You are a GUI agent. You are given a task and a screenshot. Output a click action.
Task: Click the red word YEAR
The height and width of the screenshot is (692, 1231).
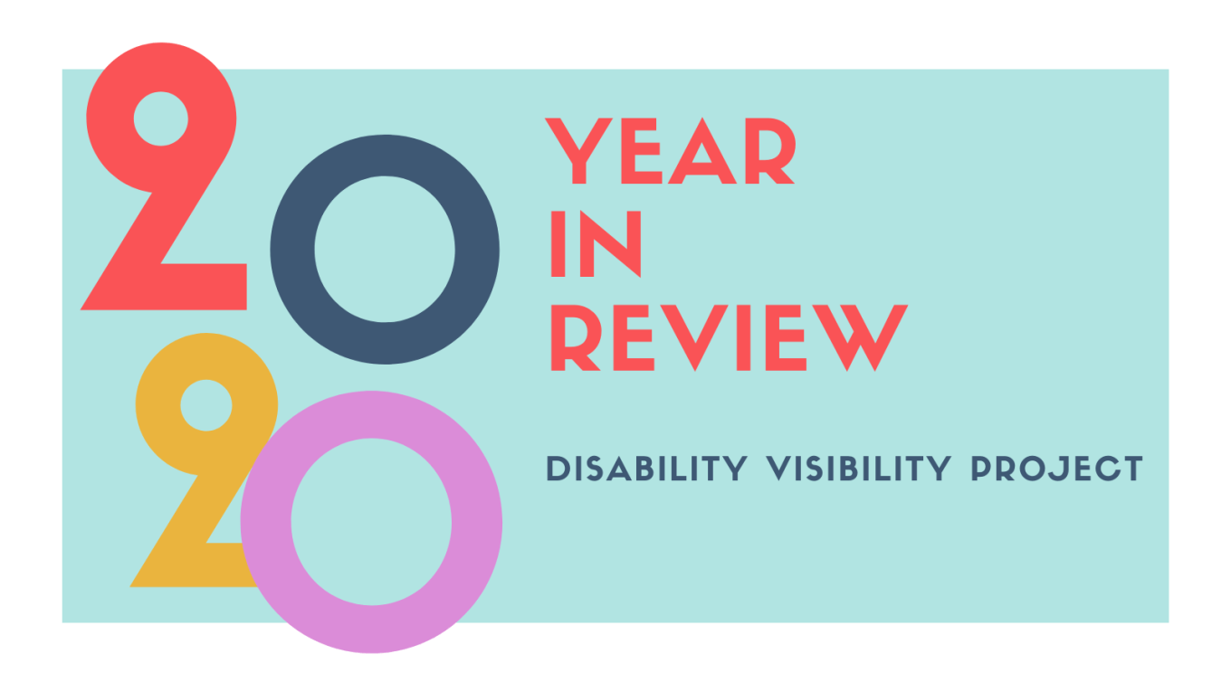671,152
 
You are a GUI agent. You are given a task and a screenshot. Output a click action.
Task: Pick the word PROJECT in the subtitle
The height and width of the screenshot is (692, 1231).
1056,469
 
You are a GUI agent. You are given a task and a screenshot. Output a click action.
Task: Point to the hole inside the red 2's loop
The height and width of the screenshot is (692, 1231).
161,118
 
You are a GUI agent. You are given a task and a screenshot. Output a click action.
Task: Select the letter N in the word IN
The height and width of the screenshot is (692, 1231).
616,244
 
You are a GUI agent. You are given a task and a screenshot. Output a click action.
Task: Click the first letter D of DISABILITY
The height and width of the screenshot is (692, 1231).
558,469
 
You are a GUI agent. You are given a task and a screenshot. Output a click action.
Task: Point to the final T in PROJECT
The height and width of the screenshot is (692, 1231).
1130,469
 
